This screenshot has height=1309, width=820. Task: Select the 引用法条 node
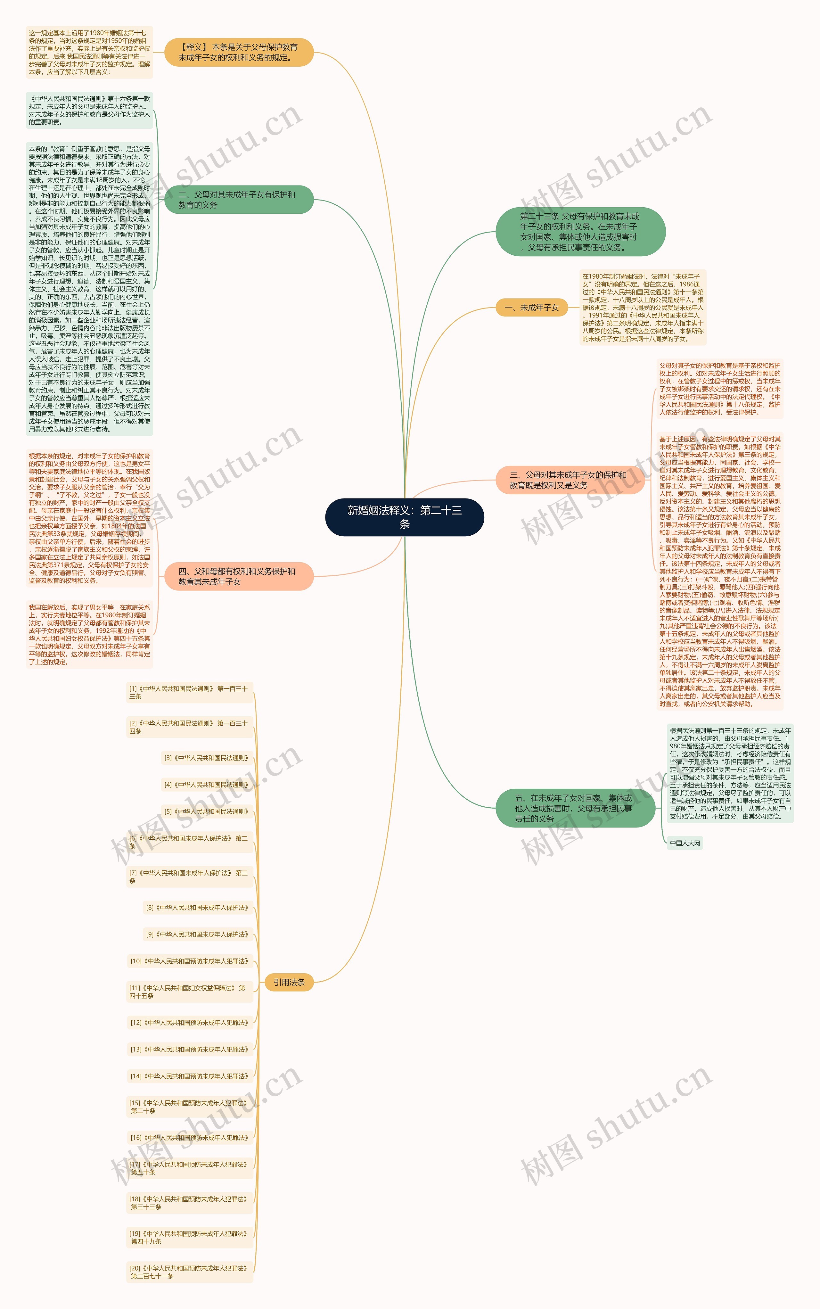[x=289, y=982]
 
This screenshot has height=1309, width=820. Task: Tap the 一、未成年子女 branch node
[x=531, y=308]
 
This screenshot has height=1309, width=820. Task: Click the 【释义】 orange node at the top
[x=239, y=52]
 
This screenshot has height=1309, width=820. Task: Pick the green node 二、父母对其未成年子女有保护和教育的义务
[x=239, y=200]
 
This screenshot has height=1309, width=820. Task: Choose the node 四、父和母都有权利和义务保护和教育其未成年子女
[x=239, y=576]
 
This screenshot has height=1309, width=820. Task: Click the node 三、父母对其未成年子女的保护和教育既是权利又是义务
[x=570, y=480]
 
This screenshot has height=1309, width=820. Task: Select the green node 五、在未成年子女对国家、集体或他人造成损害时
[x=575, y=808]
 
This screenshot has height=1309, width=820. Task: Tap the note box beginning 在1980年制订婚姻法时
[x=643, y=308]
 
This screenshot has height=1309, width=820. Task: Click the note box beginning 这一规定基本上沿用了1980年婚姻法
[x=89, y=52]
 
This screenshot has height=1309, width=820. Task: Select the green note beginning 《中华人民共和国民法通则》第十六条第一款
[x=89, y=111]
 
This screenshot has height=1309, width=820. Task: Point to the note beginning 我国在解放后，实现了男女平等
[x=89, y=634]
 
